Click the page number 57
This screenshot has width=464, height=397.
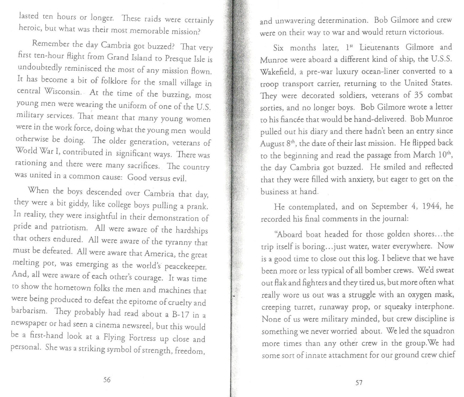(x=359, y=383)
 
